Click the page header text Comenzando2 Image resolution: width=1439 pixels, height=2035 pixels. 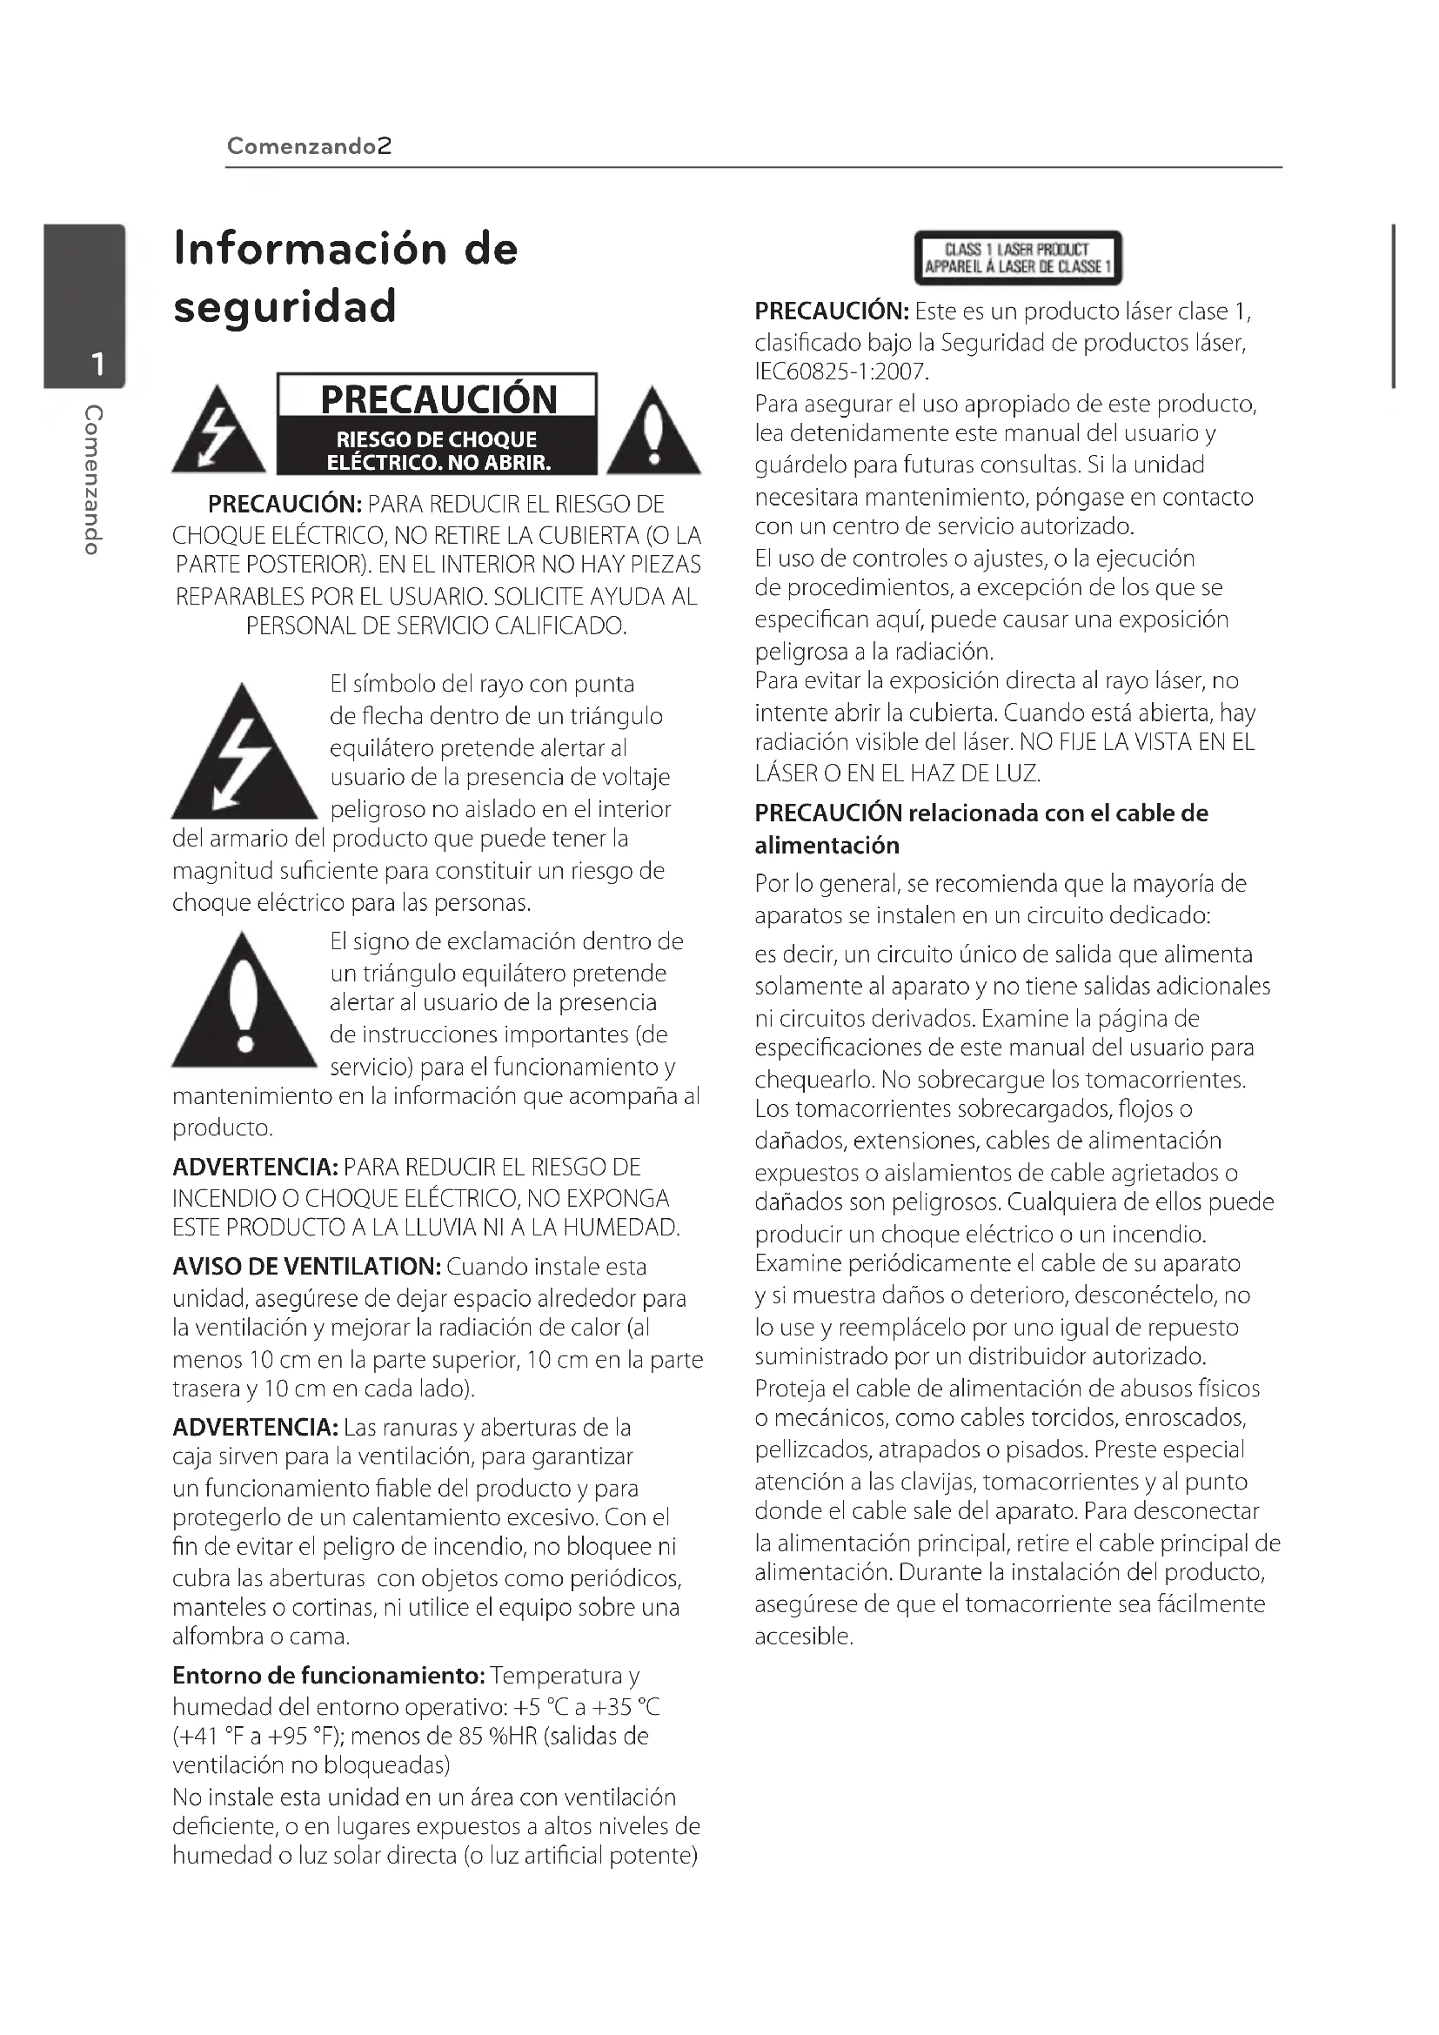(x=308, y=146)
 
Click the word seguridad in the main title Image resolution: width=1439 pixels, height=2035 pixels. (x=284, y=306)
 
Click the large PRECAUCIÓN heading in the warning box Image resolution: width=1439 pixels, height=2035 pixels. (x=438, y=398)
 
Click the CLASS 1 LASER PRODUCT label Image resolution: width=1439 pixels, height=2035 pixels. (x=1017, y=258)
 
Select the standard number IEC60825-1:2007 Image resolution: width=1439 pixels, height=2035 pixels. (x=841, y=372)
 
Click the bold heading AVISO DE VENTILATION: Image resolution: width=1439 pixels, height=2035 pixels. (x=306, y=1267)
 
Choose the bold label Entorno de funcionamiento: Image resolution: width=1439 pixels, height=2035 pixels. (x=329, y=1676)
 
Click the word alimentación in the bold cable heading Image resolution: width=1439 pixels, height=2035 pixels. (x=827, y=846)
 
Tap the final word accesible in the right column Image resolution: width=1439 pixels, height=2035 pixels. (x=803, y=1637)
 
